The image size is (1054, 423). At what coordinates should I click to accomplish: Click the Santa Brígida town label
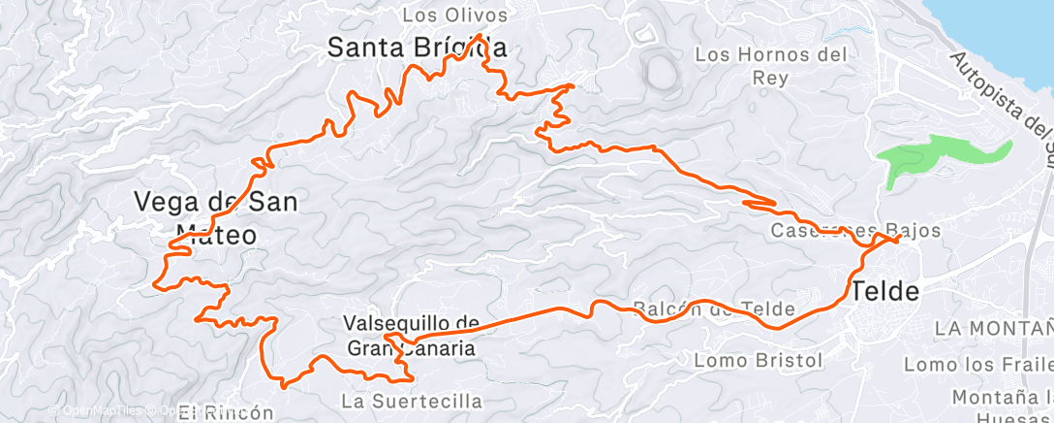tap(418, 47)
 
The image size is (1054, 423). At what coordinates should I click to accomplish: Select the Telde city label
tap(884, 289)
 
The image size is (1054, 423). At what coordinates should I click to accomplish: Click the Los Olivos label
tap(454, 15)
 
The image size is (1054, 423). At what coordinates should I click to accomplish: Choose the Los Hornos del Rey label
tap(771, 66)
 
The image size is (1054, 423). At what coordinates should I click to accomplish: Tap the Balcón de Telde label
tap(714, 309)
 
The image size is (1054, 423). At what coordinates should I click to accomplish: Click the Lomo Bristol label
tap(759, 360)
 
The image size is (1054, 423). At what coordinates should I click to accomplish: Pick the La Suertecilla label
tap(412, 400)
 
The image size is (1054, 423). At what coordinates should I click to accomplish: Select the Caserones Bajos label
tap(842, 231)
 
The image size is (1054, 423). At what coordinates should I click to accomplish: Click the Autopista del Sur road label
tap(1004, 107)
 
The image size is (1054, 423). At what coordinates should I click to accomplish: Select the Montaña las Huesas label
tap(1002, 405)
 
